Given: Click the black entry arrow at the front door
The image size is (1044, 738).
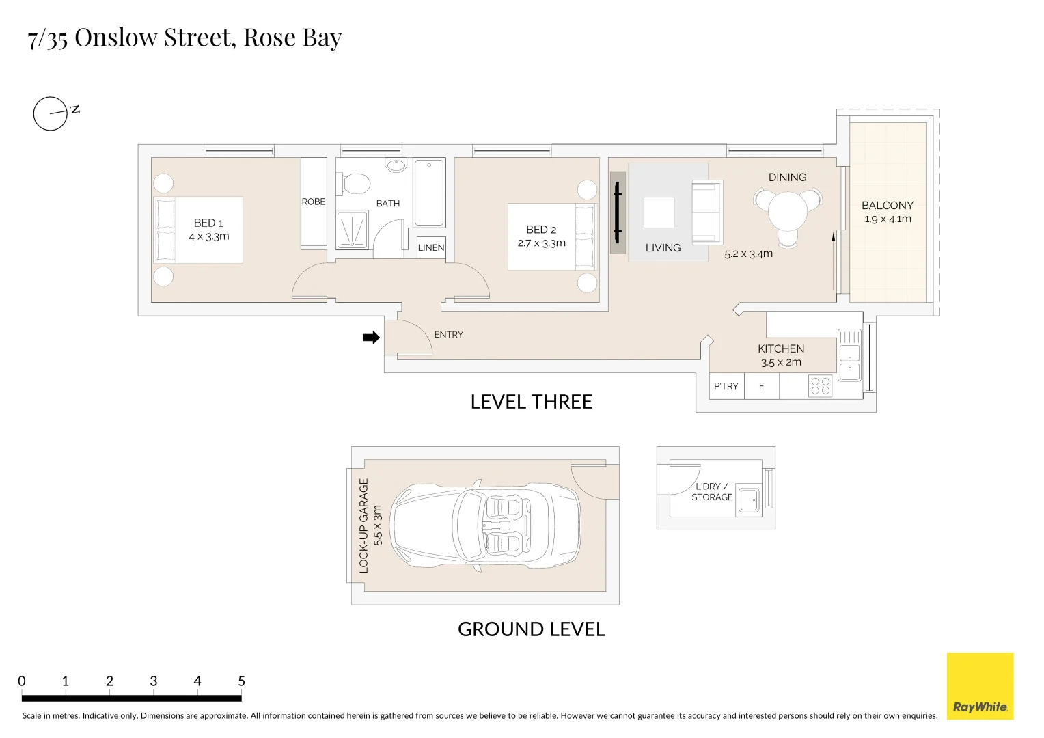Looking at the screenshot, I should pos(371,338).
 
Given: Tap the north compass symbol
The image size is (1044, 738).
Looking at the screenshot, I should pos(51,113).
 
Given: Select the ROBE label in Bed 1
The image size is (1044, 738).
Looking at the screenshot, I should pos(314,202).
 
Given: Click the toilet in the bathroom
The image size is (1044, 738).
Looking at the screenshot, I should pos(355,183).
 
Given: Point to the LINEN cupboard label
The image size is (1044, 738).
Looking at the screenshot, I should pos(431,247).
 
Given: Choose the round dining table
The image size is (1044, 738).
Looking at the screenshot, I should pos(788,211).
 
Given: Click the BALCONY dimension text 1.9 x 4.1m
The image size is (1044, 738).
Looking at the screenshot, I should pos(888,219).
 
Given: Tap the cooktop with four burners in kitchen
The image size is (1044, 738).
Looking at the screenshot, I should pos(820,386).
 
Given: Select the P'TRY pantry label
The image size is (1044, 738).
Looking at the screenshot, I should pos(726,386).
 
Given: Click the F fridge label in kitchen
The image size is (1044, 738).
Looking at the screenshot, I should pos(761,386).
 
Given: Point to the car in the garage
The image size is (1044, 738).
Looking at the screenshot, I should pos(486,525).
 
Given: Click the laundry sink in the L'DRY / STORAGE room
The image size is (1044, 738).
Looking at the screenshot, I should pos(750,502).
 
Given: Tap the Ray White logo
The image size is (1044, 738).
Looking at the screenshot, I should pos(980,686).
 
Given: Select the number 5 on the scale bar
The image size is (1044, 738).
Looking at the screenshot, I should pos(241,681).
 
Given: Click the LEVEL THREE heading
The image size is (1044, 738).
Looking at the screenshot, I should pos(532,402).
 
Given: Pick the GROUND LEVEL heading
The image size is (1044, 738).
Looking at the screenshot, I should pos(532,629).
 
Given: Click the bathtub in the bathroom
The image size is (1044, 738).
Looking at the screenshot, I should pos(429,193).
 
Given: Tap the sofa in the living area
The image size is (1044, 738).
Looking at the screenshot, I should pos(706,212).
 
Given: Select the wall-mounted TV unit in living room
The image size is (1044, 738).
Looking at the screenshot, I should pos(618,213).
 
